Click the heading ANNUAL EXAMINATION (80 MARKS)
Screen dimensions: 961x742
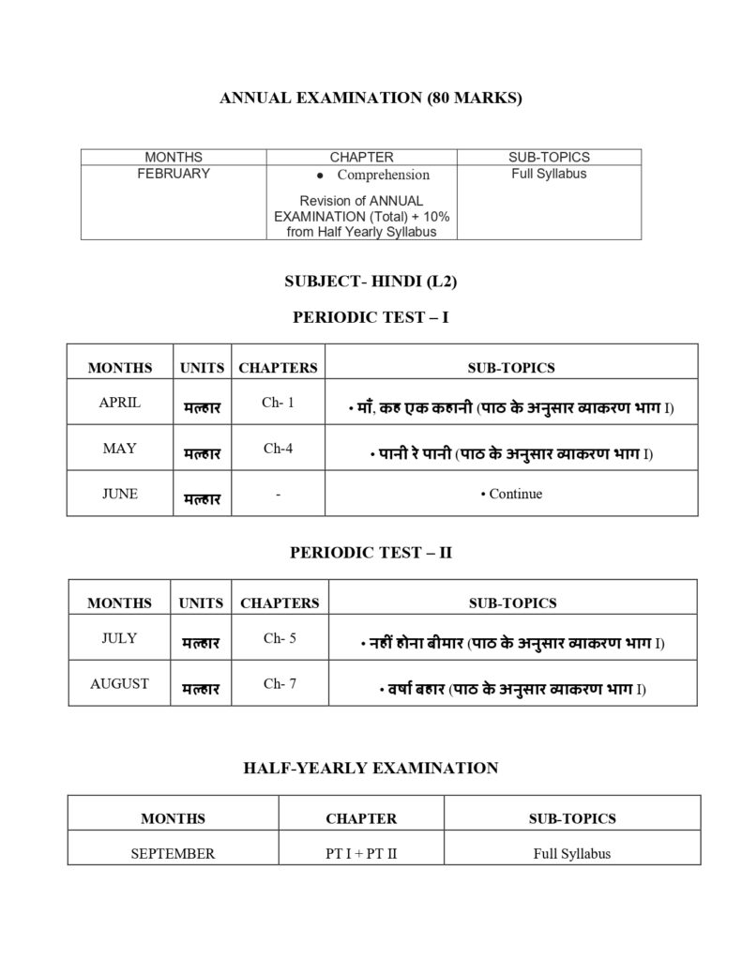point(371,98)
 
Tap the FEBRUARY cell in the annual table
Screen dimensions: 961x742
point(174,174)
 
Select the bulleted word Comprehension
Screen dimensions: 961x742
point(383,175)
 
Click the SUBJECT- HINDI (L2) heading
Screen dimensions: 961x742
point(371,281)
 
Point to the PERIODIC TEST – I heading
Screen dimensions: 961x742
point(371,317)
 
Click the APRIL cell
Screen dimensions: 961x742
point(120,403)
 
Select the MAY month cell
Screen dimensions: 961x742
point(120,449)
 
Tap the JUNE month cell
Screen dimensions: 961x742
point(120,494)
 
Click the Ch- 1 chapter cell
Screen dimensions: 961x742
point(278,403)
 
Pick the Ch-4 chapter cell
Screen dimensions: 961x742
point(278,449)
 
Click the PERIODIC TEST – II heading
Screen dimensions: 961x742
point(371,553)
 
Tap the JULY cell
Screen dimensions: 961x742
point(119,638)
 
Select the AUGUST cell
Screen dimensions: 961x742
point(119,684)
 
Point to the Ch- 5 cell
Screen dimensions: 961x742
point(280,638)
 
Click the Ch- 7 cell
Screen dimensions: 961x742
point(280,684)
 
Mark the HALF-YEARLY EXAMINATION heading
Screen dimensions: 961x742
point(371,768)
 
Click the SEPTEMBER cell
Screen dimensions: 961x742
point(173,854)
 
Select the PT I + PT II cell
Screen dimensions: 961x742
point(361,854)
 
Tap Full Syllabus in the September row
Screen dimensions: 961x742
point(572,854)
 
